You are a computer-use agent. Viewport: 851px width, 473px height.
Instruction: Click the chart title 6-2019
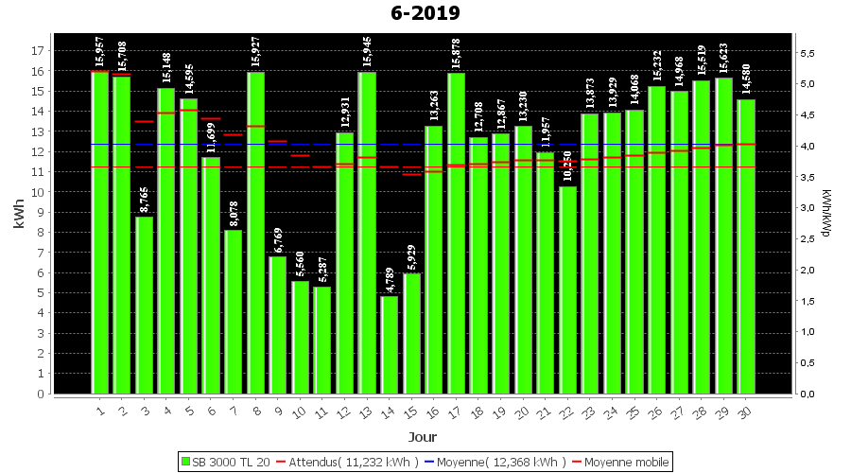point(425,13)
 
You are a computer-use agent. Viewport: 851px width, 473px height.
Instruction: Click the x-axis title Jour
point(423,437)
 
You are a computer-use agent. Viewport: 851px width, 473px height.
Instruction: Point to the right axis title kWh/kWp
point(827,214)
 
